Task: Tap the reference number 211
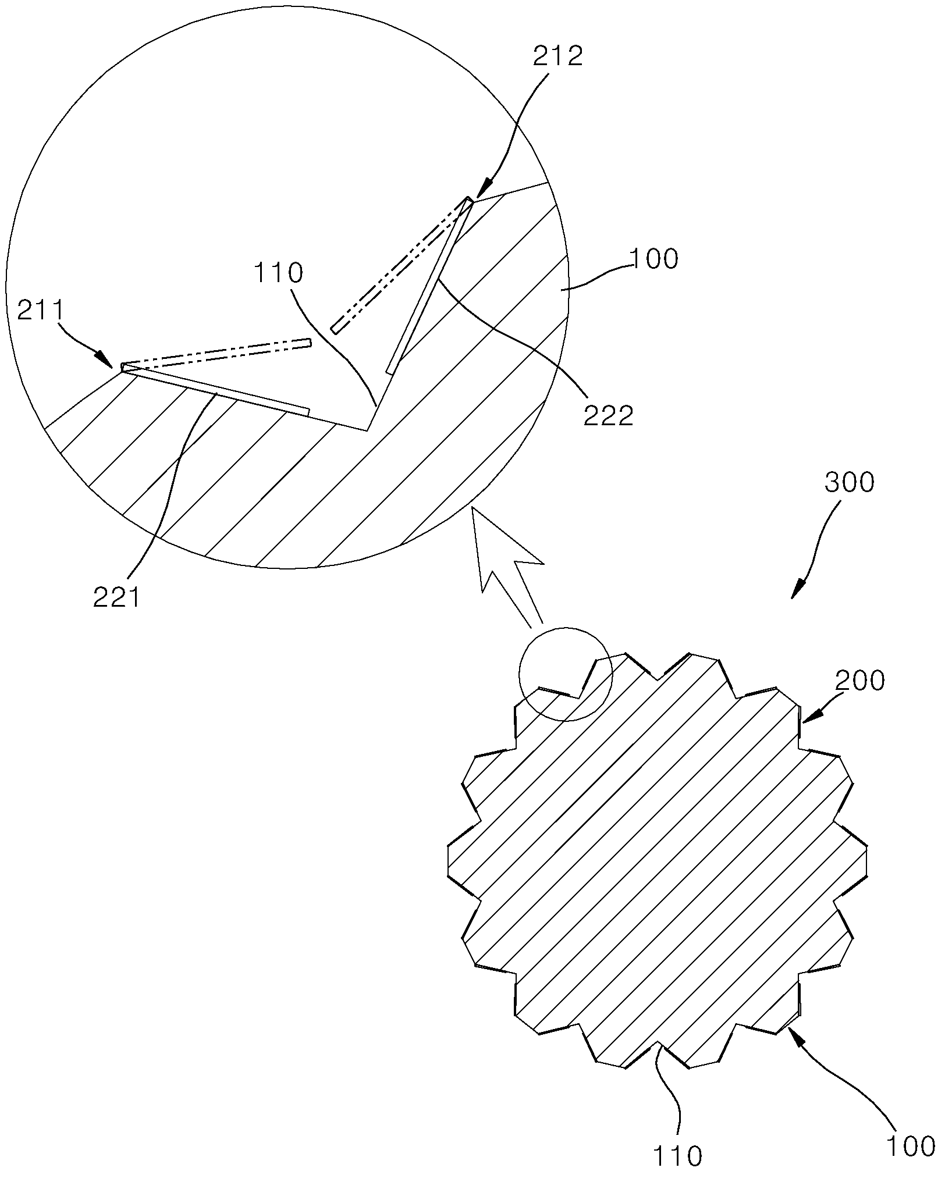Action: point(41,313)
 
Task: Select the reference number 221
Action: point(117,597)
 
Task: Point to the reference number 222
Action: point(609,416)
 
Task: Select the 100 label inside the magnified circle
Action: point(653,259)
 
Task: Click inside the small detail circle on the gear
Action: point(565,674)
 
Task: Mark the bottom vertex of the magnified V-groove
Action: point(367,431)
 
